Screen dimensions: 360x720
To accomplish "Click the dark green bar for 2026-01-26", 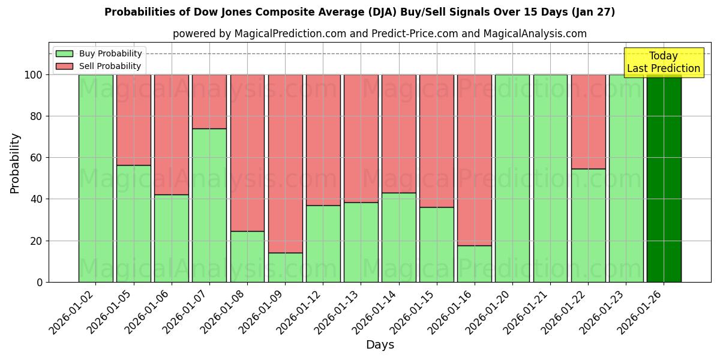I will tap(664, 178).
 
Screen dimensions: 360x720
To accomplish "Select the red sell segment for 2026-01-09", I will tap(285, 163).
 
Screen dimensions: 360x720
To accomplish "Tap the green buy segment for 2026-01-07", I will tap(209, 205).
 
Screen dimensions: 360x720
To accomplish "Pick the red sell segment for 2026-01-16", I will tap(475, 160).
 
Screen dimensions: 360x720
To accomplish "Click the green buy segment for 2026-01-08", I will tap(247, 256).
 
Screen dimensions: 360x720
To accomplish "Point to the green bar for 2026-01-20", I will tap(512, 178).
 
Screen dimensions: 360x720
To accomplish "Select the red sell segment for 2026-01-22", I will tap(588, 121).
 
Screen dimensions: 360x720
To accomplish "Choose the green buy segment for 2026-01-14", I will tap(399, 237).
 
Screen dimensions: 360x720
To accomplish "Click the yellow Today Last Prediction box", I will tap(663, 62).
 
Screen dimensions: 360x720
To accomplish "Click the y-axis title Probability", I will tap(15, 163).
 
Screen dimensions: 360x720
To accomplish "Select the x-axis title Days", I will tap(380, 345).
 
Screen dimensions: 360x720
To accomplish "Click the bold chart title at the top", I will tap(359, 12).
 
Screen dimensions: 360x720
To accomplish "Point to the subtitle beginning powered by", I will tap(379, 34).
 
